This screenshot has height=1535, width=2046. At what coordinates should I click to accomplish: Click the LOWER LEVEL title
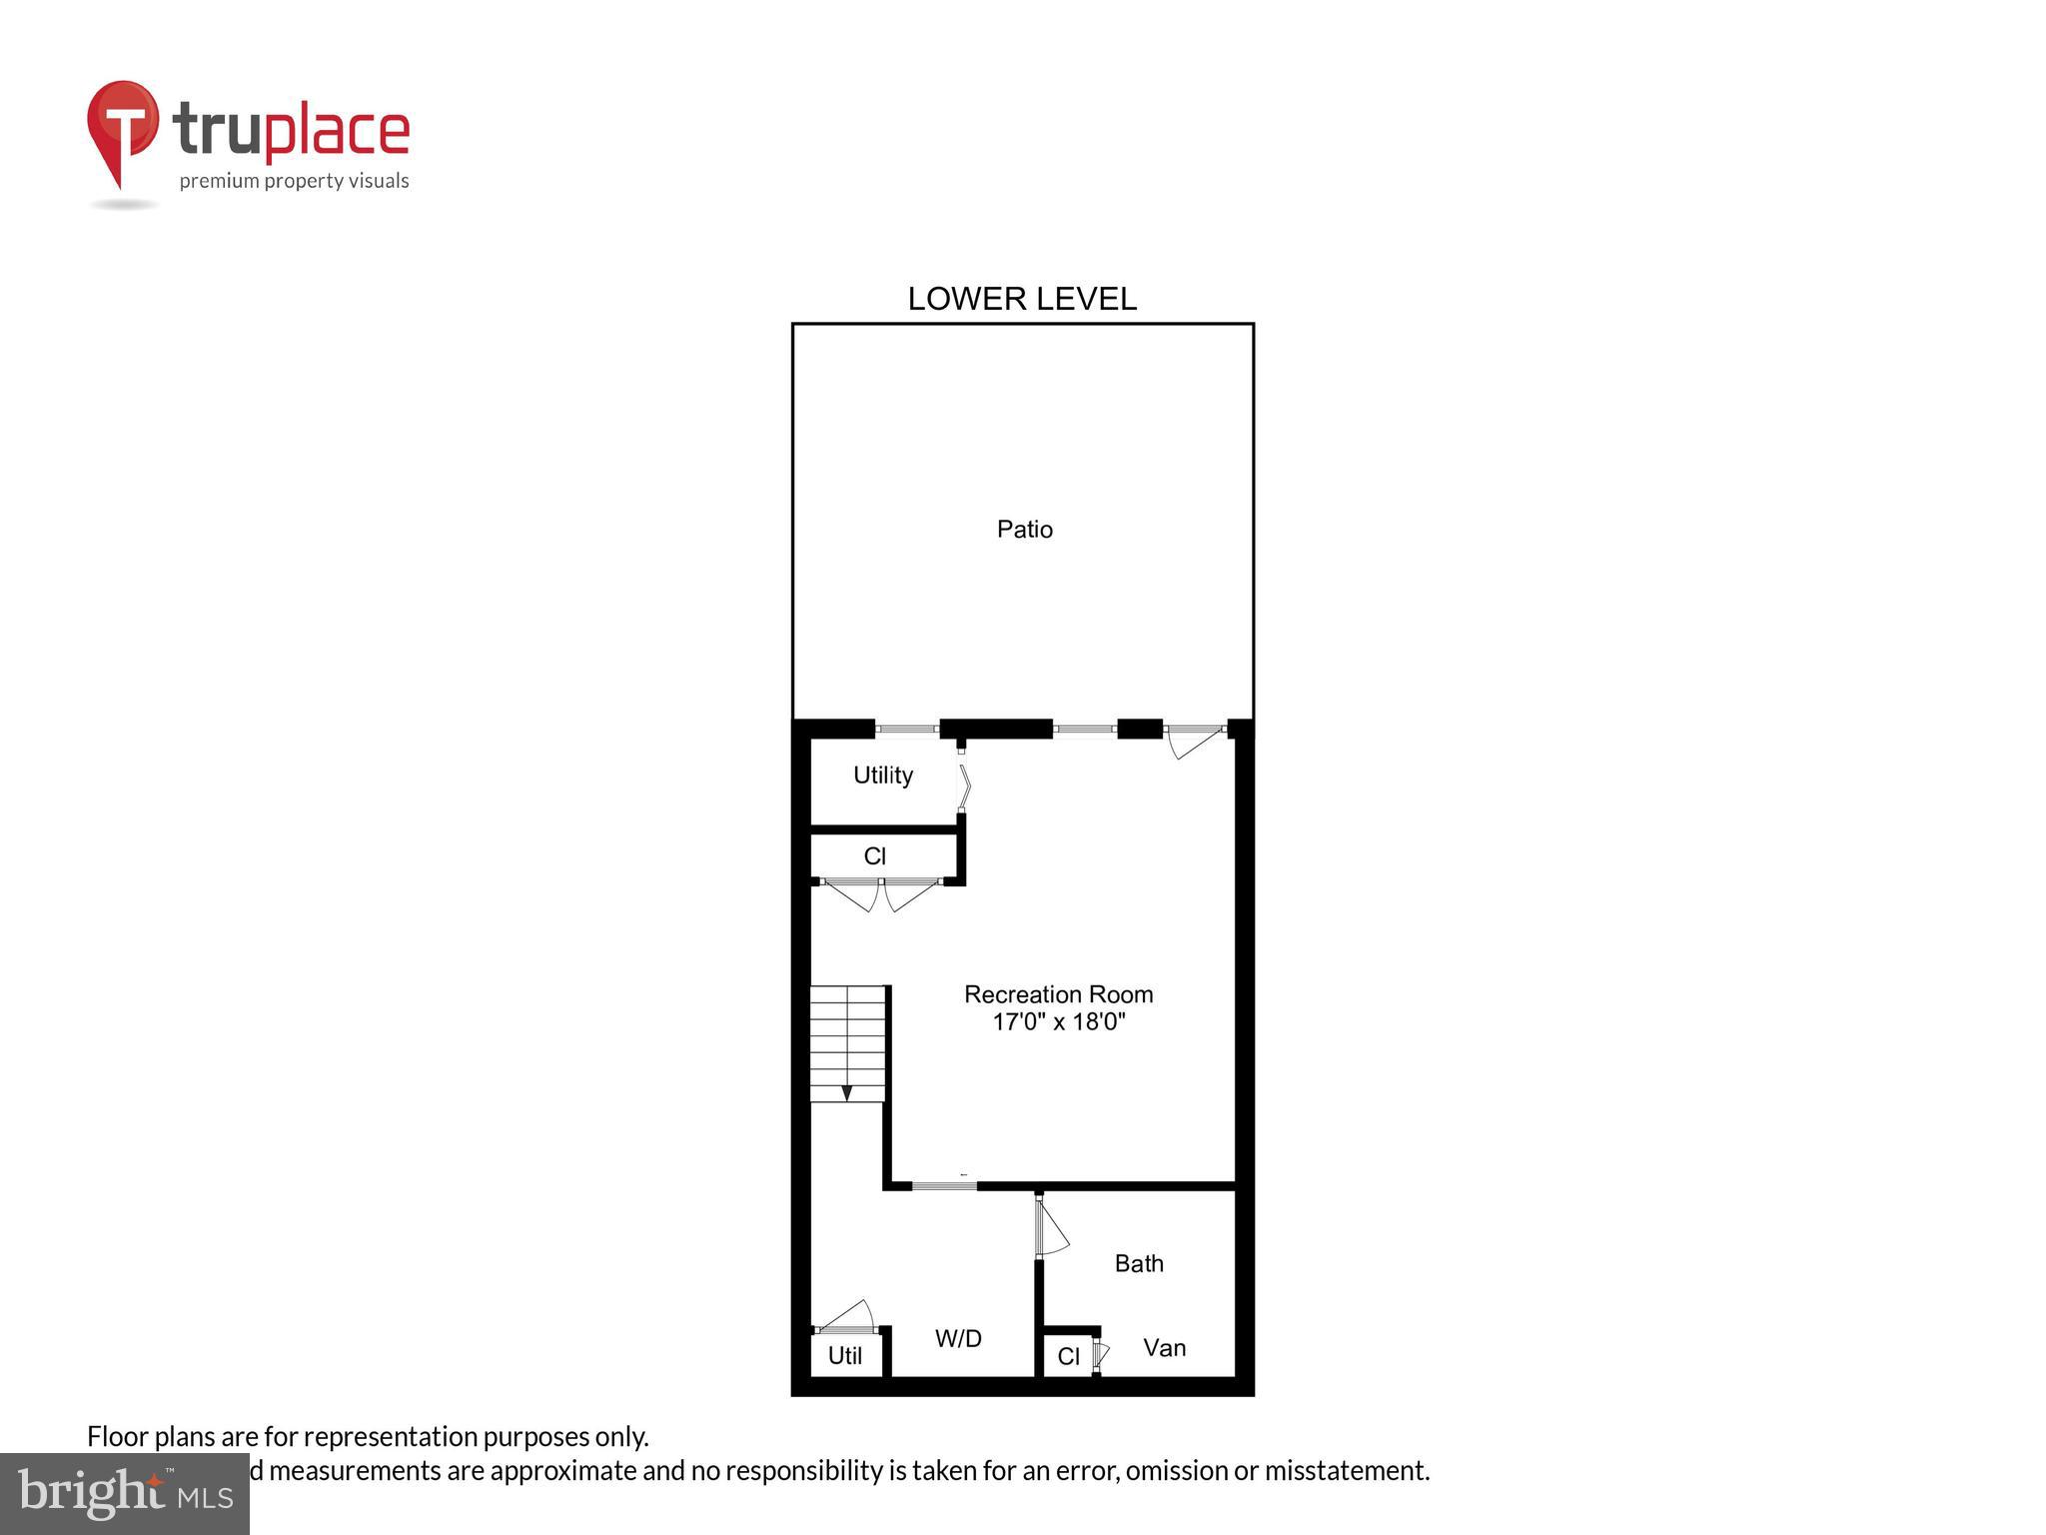tap(1021, 299)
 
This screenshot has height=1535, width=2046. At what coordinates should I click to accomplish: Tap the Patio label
tap(1024, 529)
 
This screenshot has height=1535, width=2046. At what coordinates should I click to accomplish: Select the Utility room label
tap(882, 775)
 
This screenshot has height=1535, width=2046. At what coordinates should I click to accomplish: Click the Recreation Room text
tap(1058, 994)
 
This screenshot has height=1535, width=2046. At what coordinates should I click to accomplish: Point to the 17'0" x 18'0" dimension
tap(1058, 1021)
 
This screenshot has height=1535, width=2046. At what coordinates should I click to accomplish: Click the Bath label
tap(1139, 1263)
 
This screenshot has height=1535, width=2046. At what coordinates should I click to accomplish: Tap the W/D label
tap(958, 1338)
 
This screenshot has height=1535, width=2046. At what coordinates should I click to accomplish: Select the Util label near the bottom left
tap(844, 1356)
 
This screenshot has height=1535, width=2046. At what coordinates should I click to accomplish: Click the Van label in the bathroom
tap(1164, 1348)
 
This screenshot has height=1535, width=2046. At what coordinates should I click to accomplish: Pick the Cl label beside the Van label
tap(1068, 1356)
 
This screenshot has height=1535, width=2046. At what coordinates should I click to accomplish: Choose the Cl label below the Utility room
tap(874, 856)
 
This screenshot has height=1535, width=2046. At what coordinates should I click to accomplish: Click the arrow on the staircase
tap(846, 1092)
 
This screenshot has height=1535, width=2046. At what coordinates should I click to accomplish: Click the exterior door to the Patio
tap(1195, 741)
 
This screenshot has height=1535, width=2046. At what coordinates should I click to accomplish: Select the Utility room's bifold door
tap(963, 786)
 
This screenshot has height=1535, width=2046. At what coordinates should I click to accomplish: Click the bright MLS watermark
tap(125, 1493)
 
